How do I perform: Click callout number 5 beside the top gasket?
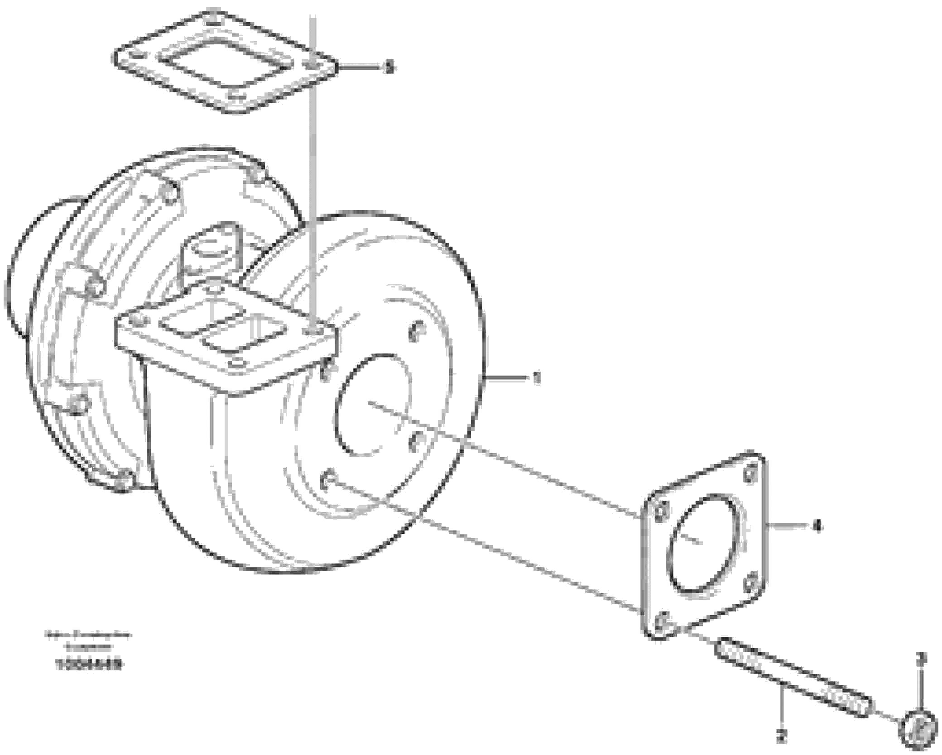coord(388,68)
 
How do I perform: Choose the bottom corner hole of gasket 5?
coord(234,96)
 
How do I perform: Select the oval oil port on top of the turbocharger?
coord(211,248)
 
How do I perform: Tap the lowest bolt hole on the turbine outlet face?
coord(329,478)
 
